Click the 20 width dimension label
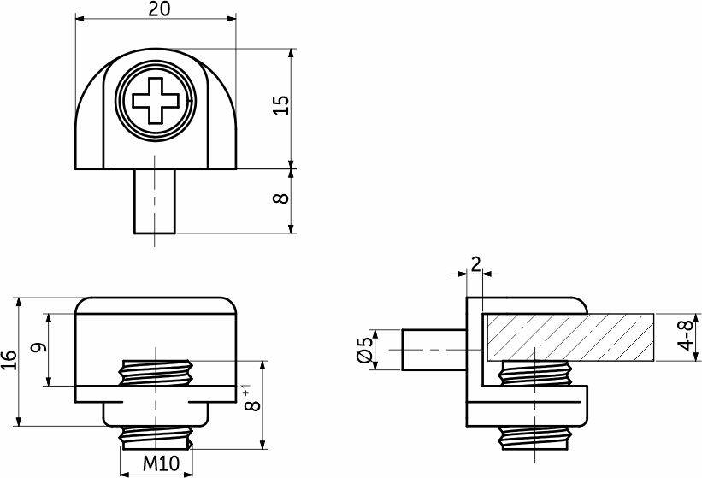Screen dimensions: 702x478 pos(159,9)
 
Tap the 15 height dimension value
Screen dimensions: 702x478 pos(281,105)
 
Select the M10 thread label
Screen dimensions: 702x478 pos(161,463)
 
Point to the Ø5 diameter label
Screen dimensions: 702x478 pos(364,350)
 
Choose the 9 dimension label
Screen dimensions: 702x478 pos(39,347)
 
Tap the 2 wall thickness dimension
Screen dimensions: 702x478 pos(476,264)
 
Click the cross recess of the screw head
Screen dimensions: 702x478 pos(156,100)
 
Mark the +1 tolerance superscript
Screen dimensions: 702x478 pos(245,388)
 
